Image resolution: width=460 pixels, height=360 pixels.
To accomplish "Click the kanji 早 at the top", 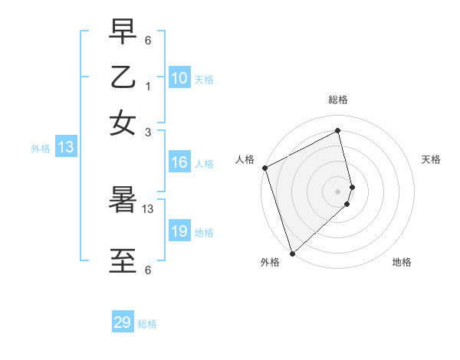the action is pos(123,32).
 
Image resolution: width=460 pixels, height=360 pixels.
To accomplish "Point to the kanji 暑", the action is pos(123,201).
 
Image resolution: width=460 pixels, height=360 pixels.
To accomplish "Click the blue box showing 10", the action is pos(179,77).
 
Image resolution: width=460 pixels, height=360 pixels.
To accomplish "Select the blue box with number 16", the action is pos(179,162).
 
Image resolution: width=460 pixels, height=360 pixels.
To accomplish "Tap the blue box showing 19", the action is pos(179,231).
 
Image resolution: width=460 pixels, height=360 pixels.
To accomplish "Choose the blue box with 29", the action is pos(123,322).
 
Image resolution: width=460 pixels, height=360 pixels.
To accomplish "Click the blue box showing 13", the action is pos(65,148).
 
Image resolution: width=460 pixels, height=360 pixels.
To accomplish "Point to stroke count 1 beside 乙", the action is pos(147,87).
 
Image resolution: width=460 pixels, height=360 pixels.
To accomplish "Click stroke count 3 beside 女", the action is pos(147,131).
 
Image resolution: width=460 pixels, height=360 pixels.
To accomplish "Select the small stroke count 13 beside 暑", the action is pos(148,208).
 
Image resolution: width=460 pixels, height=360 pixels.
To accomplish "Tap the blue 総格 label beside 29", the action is pos(147,324).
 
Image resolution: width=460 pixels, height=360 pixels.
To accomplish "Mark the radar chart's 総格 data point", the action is pos(338,131).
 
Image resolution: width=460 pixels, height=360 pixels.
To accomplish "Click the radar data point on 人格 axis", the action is pos(264,168).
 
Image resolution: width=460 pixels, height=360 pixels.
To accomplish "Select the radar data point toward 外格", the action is pos(292,254).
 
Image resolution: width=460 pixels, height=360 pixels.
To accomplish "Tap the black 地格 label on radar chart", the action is pos(402,262).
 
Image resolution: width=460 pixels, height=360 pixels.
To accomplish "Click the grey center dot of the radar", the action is pos(338,191).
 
